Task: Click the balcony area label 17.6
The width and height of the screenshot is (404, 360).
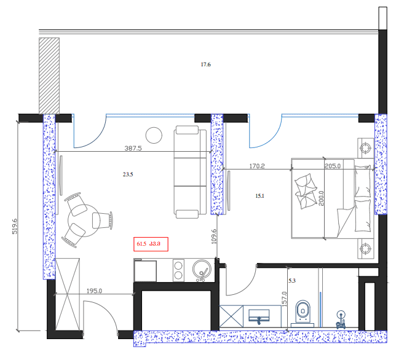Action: coord(206,65)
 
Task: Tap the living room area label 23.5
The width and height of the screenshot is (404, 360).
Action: coord(128,174)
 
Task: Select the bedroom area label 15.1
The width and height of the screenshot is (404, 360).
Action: coord(259,196)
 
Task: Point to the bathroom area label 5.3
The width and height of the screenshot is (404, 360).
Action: coord(292,281)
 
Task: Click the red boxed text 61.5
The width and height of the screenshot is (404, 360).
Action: coord(141,245)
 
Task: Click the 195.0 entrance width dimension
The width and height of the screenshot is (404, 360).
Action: coord(94,291)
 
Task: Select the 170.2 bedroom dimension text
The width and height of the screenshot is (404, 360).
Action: coord(256,165)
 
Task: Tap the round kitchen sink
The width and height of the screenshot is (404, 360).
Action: coord(200,268)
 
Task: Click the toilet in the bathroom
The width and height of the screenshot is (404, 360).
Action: coord(303,311)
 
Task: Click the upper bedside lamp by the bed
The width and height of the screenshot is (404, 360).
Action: coord(365,147)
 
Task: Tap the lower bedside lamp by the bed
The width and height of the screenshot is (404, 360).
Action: coord(365,248)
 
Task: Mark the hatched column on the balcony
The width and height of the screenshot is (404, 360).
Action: coord(49,75)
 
